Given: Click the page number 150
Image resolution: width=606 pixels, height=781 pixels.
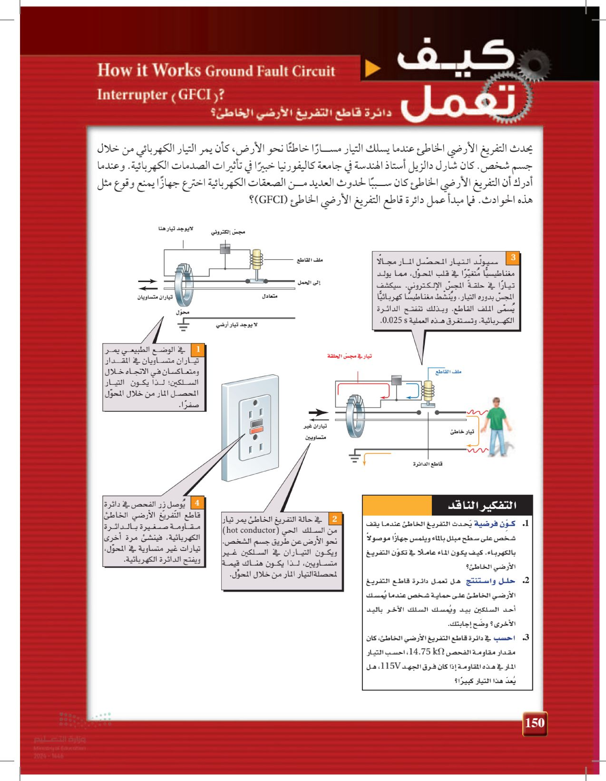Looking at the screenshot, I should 534,723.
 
